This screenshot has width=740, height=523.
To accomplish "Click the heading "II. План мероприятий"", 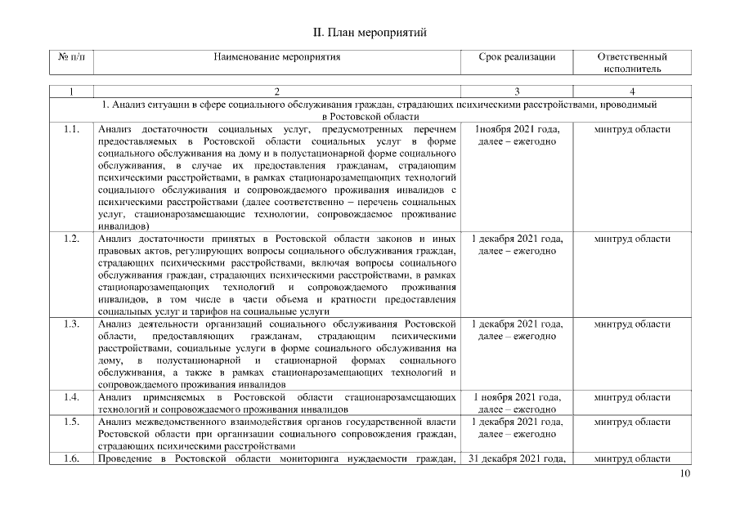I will [370, 33].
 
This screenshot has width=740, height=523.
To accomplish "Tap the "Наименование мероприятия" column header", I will [277, 57].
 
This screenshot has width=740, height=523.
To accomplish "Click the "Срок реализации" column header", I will [517, 57].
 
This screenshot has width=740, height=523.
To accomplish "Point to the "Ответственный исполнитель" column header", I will [632, 63].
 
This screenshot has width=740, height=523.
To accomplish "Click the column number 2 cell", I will [277, 91].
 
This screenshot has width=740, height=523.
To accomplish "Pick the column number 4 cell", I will [632, 91].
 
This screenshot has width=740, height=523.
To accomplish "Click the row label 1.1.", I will [71, 130].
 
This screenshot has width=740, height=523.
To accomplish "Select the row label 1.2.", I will [71, 239].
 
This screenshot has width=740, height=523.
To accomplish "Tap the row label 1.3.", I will [71, 324].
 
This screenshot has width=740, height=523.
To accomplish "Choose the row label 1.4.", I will [71, 397].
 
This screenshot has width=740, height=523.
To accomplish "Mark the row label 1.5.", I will [71, 422].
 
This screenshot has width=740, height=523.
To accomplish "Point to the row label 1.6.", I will [71, 459].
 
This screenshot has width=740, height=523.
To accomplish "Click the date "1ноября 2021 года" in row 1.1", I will [517, 130].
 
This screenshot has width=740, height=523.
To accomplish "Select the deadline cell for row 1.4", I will [517, 403].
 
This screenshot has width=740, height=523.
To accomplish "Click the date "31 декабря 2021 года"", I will [517, 459].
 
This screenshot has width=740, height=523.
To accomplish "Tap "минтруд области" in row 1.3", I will [632, 324].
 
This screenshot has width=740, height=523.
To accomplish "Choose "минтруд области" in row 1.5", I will [632, 422].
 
